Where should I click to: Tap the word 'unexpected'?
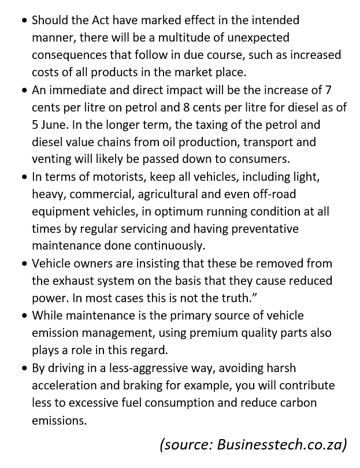(259, 38)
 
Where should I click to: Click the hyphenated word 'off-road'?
(271, 194)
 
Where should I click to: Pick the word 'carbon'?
(313, 403)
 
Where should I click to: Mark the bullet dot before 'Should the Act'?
(24, 21)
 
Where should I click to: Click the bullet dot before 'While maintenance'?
(24, 315)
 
